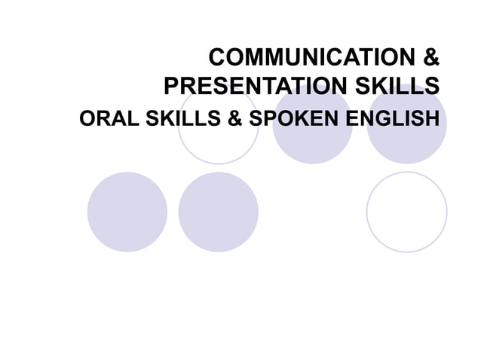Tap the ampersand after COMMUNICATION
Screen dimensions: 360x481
click(x=430, y=58)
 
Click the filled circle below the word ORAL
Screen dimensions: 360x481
click(x=127, y=212)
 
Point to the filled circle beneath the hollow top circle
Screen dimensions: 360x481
click(x=218, y=212)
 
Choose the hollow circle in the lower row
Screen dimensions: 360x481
click(x=407, y=212)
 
